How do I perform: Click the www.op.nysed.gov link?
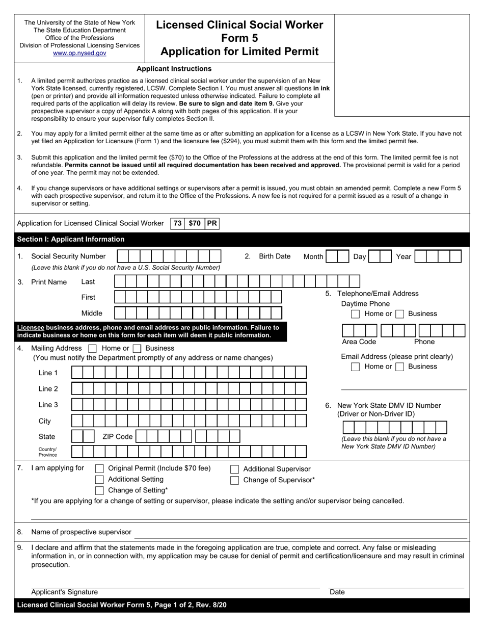point(79,53)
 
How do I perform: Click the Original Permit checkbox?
point(100,468)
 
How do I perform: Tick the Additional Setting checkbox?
point(100,480)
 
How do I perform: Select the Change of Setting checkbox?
point(100,490)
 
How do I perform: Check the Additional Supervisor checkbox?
point(234,469)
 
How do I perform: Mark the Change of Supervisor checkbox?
point(234,480)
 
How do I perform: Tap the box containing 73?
point(177,223)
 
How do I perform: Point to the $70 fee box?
point(195,223)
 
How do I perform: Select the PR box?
point(212,223)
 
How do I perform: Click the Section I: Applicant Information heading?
point(71,239)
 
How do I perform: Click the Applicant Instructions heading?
point(174,69)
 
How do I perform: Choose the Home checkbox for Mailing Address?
point(92,349)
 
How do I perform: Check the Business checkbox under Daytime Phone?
point(400,314)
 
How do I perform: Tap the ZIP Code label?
point(117,437)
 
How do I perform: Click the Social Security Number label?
point(68,256)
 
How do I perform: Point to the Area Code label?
point(359,342)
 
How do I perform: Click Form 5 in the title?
point(239,38)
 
